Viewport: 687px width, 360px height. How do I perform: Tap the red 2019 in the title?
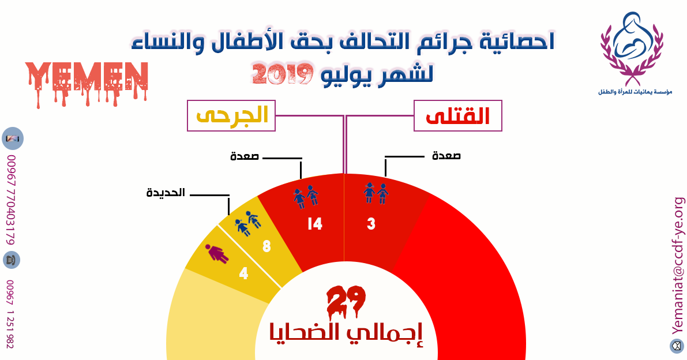coord(283,74)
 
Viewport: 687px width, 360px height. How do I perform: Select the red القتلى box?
coord(458,115)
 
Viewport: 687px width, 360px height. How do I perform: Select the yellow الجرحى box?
coord(231,115)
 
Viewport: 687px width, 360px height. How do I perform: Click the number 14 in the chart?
coord(315,224)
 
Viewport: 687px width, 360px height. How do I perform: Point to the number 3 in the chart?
coord(371,224)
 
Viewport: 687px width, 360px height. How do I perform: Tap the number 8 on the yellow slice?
coord(266,246)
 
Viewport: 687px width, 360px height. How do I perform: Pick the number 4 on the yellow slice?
coord(243,273)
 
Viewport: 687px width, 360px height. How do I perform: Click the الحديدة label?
coord(166,193)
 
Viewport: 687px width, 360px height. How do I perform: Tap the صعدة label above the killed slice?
coord(446,156)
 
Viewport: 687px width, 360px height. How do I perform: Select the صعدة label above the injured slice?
coord(245,156)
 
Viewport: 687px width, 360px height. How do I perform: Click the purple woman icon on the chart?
coord(217,254)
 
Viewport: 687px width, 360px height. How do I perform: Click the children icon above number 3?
coord(376,193)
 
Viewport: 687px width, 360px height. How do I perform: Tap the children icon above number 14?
coord(306,197)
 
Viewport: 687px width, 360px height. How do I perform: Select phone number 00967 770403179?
coord(11,200)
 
